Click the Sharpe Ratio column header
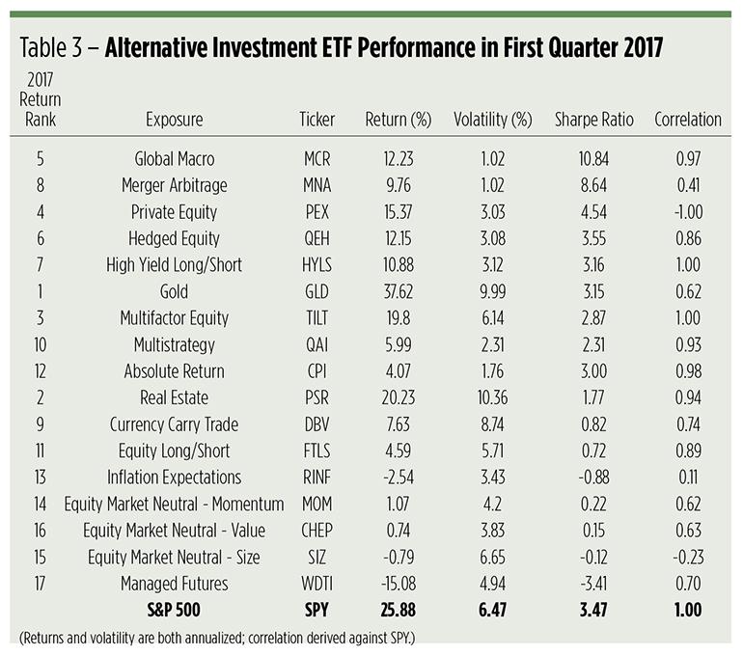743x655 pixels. click(594, 120)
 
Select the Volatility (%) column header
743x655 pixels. click(493, 120)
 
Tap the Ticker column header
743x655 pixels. click(317, 120)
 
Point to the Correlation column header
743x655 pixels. click(687, 120)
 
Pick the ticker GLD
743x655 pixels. click(317, 290)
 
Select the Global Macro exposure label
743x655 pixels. click(174, 157)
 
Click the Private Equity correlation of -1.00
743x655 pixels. click(689, 210)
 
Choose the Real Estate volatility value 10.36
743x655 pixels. click(493, 396)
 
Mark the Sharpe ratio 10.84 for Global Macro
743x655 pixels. click(594, 157)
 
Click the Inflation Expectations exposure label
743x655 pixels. click(174, 476)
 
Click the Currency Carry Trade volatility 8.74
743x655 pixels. click(493, 423)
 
